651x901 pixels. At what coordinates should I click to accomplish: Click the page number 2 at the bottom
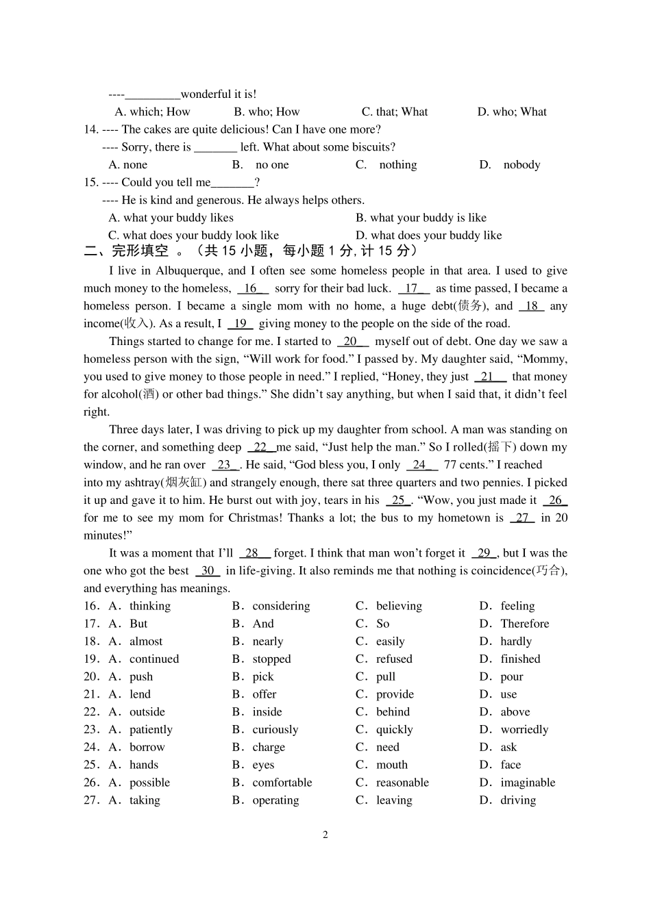pos(325,835)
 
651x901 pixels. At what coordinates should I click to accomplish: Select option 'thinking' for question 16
pos(149,606)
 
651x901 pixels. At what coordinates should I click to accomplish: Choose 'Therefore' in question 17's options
pos(524,624)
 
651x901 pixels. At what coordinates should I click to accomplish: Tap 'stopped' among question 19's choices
pos(271,659)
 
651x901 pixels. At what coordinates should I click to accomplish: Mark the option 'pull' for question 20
pos(386,677)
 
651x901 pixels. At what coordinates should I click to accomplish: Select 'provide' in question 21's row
pos(395,694)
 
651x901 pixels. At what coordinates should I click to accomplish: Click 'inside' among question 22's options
pos(267,712)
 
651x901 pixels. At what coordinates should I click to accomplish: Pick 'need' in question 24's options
pos(388,748)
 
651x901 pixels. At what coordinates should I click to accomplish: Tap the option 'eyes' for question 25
pos(263,765)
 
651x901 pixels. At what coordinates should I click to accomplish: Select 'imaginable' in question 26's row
pos(528,783)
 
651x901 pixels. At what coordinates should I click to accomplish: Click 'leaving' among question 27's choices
pos(394,800)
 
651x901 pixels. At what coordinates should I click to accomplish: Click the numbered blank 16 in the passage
pos(251,289)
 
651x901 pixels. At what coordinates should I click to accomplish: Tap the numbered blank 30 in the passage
pos(208,571)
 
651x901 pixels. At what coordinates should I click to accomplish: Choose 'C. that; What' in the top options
pos(395,112)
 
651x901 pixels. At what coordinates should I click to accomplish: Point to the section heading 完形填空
pos(140,252)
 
